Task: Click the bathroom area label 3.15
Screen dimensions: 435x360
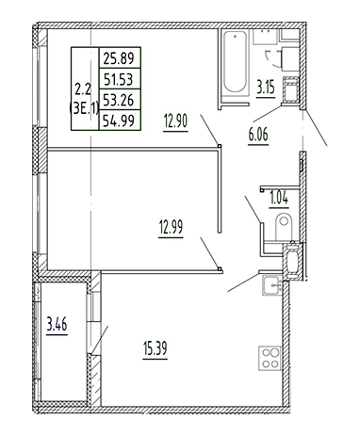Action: coord(270,90)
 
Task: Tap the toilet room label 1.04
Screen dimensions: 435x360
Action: coord(280,197)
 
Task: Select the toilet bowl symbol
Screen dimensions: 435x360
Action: coord(280,225)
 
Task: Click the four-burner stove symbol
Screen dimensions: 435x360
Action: coord(269,360)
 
